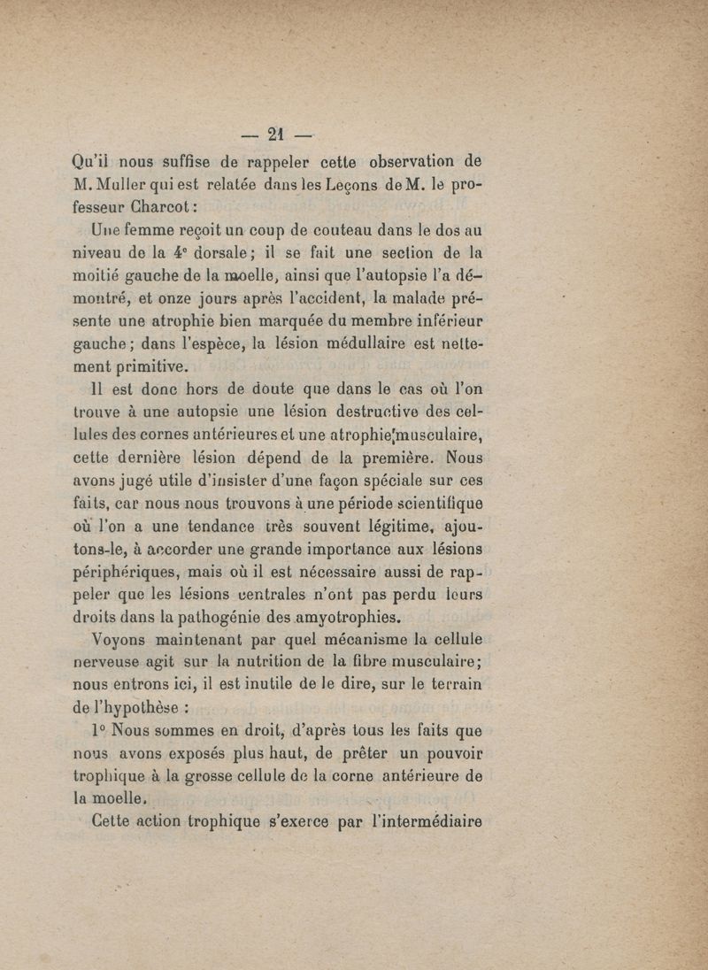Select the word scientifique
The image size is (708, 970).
(427, 506)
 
